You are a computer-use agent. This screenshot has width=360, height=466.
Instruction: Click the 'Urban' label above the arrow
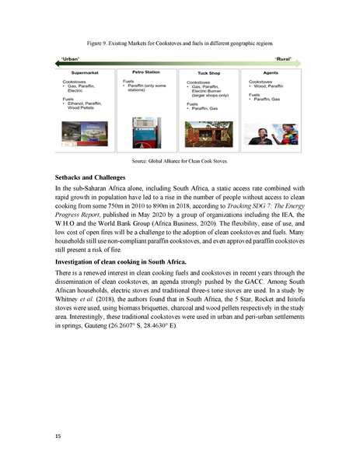(x=69, y=58)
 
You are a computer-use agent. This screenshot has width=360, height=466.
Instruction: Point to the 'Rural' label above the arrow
(x=286, y=58)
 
